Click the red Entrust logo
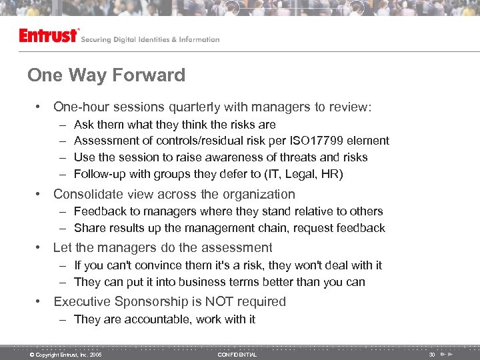(49, 35)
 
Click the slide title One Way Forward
(106, 75)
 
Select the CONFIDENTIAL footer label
(237, 355)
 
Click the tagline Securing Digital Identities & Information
(150, 39)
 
